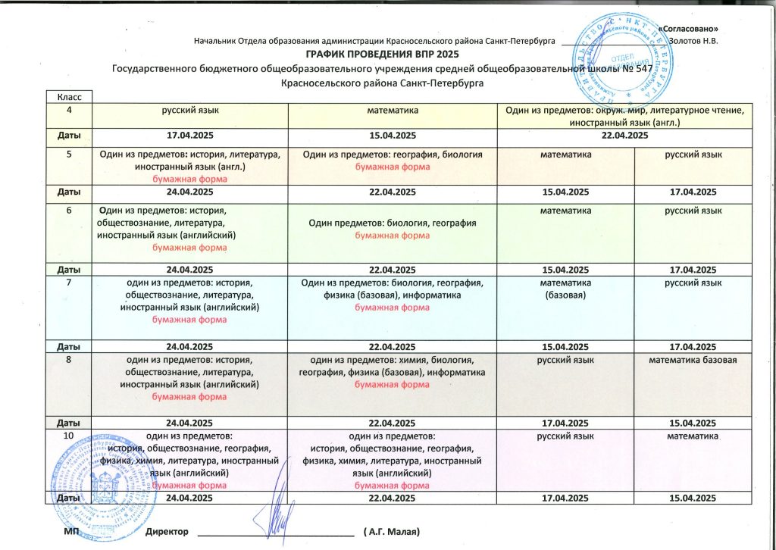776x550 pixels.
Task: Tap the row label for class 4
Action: point(70,111)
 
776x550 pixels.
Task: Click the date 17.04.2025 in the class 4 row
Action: point(191,136)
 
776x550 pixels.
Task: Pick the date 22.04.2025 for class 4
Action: point(625,136)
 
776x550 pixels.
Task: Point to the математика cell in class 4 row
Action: point(393,111)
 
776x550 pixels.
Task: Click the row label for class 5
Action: point(70,155)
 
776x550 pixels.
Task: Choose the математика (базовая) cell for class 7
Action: point(565,289)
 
